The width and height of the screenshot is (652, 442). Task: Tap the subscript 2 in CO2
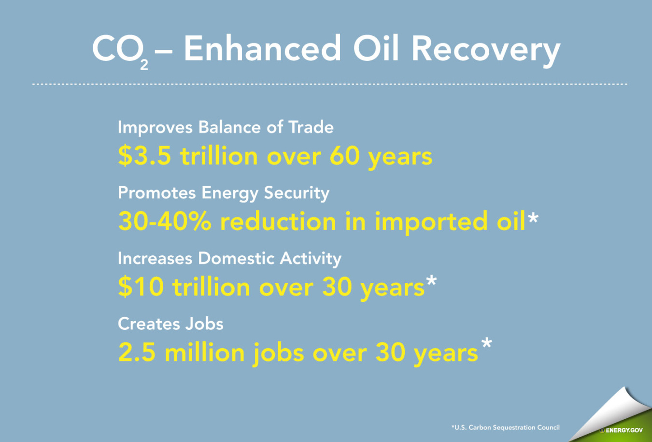[144, 65]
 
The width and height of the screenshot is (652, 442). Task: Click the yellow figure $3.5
[144, 156]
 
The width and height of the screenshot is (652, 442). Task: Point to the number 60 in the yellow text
[344, 156]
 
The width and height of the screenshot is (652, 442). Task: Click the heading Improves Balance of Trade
[226, 128]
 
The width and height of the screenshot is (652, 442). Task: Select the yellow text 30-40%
[165, 221]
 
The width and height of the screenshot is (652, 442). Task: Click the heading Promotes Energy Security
[224, 193]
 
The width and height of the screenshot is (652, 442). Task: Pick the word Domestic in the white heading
[236, 258]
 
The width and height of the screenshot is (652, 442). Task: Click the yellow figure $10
[141, 287]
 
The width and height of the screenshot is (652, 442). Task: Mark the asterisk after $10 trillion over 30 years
[431, 280]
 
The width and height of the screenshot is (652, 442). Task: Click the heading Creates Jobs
[170, 324]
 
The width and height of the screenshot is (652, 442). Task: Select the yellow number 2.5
[137, 352]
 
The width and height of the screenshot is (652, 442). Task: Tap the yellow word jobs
[279, 353]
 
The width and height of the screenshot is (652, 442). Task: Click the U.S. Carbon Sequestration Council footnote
[505, 427]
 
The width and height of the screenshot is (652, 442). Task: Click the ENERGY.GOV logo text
[624, 430]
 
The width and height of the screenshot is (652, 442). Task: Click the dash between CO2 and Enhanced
[164, 53]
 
